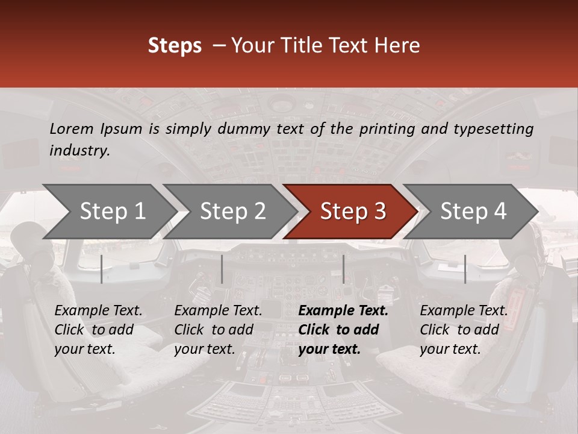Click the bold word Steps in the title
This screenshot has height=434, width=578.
pos(175,46)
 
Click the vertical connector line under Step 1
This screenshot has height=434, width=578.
pos(102,269)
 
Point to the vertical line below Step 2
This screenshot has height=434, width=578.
pos(222,269)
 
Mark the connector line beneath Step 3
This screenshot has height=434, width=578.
pos(343,269)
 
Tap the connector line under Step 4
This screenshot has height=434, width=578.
pos(465,269)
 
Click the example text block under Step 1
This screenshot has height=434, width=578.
pos(98,330)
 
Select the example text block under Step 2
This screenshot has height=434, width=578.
pos(218,330)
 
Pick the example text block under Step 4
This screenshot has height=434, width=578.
pos(464,330)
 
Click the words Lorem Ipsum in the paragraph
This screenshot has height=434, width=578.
pos(96,128)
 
